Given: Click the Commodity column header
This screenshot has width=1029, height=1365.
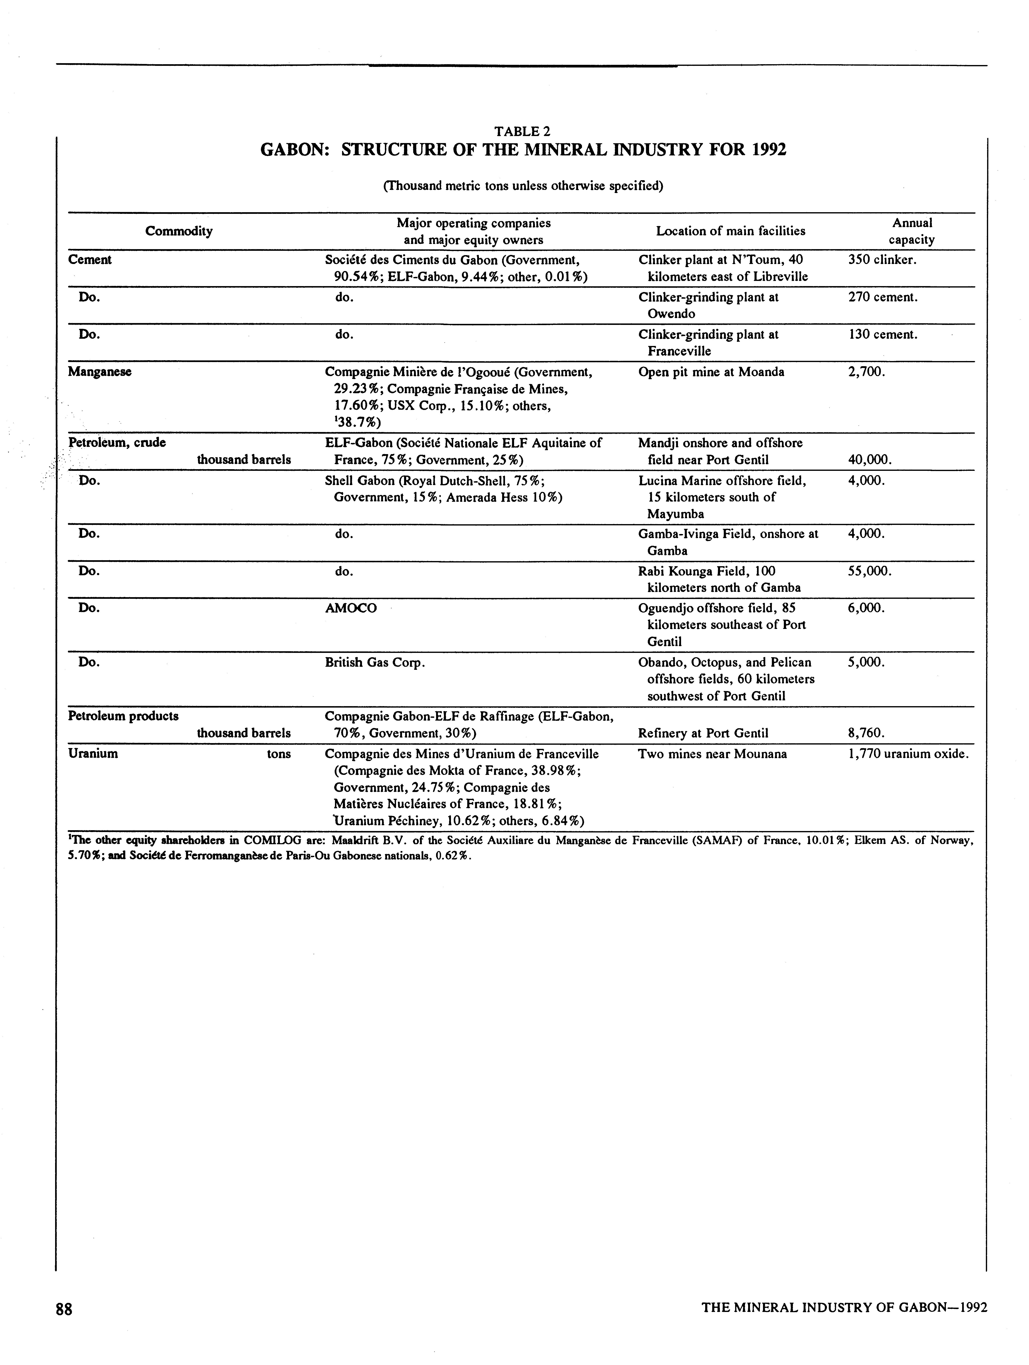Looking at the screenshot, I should click(x=179, y=231).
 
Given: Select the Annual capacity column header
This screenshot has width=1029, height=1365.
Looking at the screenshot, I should click(x=911, y=231).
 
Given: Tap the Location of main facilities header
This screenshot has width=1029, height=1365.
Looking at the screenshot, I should click(x=730, y=231).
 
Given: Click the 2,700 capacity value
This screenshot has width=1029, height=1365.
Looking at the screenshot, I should click(x=867, y=372).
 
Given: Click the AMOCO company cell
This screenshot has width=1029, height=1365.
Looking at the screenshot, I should click(x=350, y=609).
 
